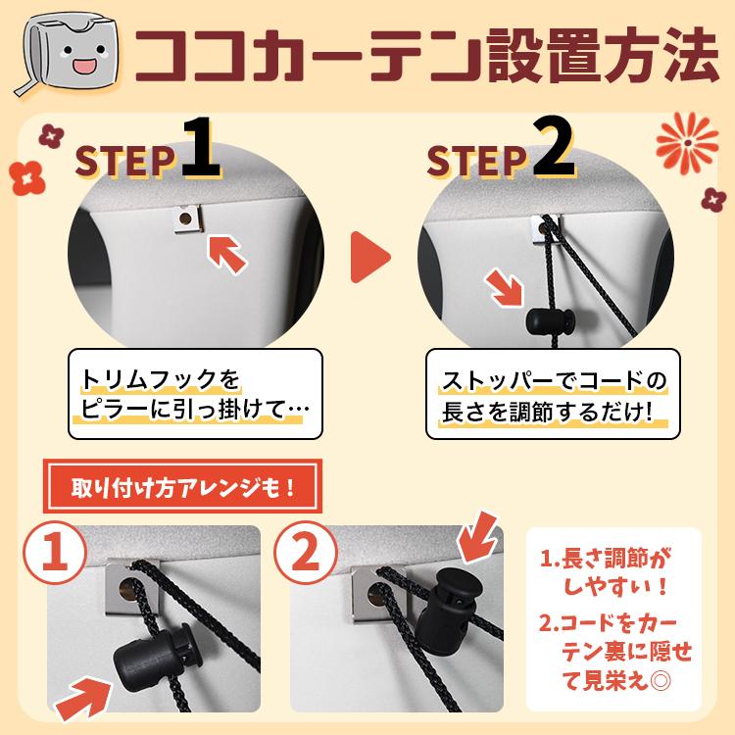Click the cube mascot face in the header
click(x=70, y=54)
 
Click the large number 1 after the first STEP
click(x=200, y=148)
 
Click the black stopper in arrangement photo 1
click(x=154, y=660)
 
